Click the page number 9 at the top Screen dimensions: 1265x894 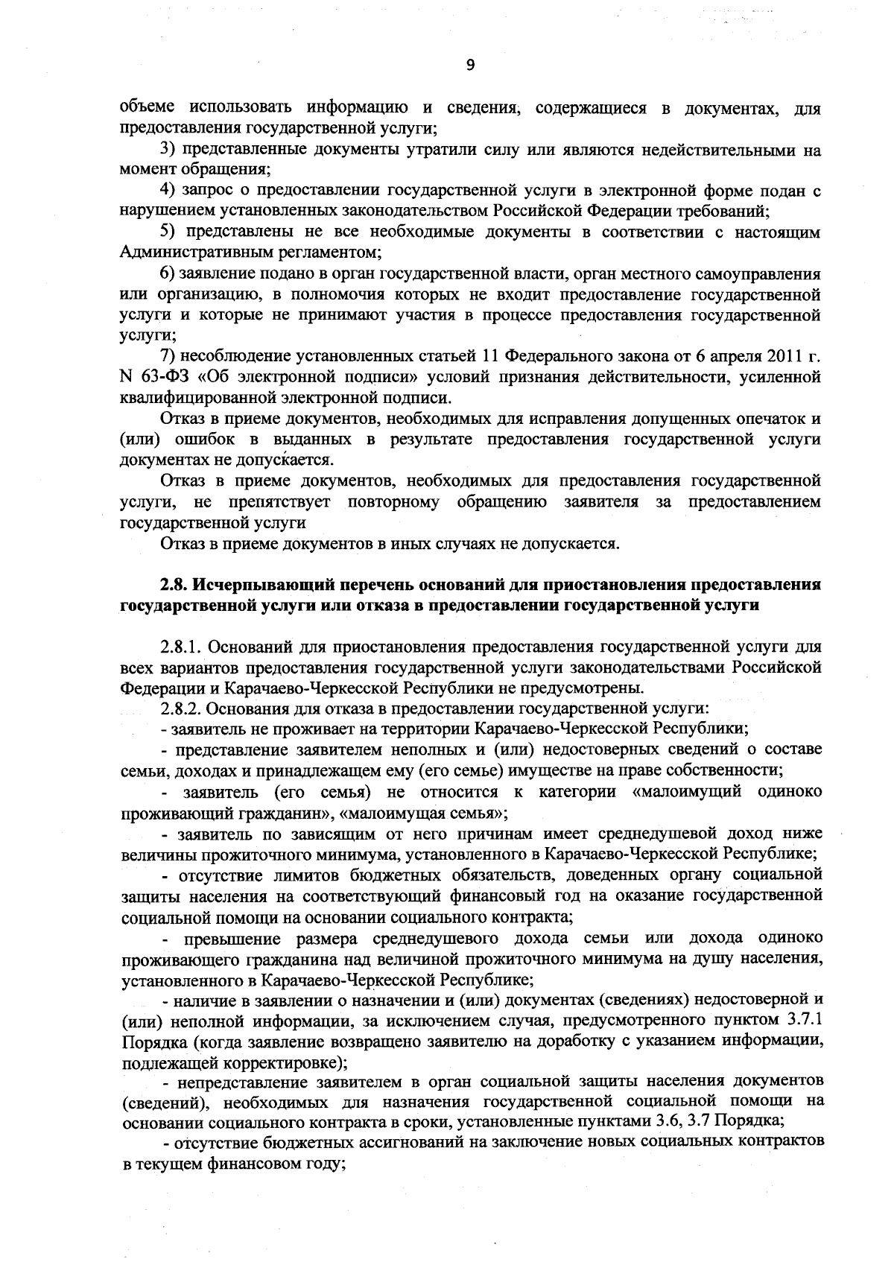[470, 66]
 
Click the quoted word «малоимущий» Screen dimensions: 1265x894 [686, 791]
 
